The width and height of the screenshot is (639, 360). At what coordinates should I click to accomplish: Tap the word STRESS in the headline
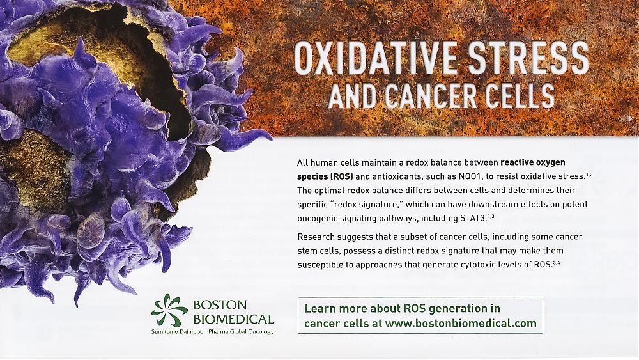528,58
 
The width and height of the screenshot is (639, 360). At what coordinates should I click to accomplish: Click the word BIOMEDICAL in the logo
233,319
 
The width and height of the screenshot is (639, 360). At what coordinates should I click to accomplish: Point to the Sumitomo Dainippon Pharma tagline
212,331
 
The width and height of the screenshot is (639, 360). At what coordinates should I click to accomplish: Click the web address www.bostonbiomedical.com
461,324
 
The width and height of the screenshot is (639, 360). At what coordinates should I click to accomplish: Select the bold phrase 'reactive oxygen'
533,162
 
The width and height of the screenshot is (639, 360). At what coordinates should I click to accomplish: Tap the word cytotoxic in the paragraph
477,265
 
